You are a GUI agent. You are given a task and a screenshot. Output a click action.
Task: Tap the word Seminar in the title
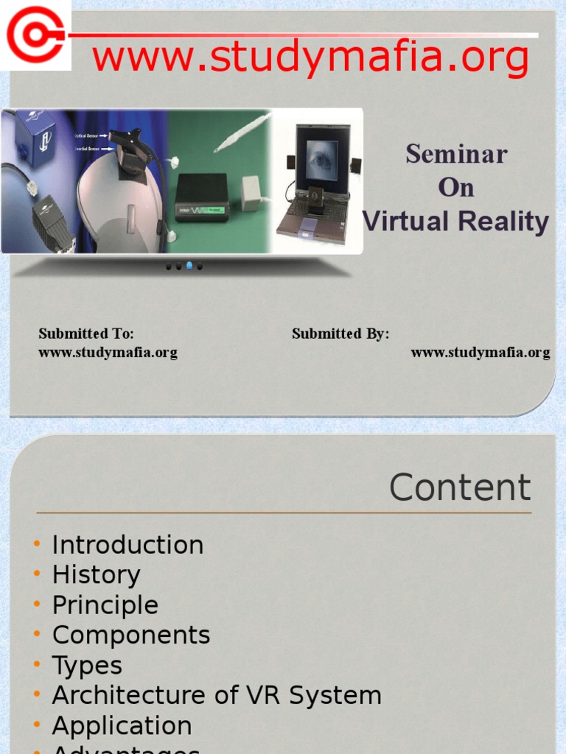(456, 155)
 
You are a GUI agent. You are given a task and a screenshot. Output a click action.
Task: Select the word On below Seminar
(456, 188)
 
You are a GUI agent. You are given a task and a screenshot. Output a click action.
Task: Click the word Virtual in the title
(409, 221)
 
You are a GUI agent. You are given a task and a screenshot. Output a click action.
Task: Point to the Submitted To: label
(86, 334)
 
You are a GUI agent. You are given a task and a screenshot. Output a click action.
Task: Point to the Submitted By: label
(340, 334)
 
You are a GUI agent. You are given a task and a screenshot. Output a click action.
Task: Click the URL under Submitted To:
(108, 352)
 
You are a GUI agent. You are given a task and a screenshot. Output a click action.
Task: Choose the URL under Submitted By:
(480, 352)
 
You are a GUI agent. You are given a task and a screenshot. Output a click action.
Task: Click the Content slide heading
(460, 487)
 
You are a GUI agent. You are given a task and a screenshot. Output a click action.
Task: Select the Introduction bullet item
(127, 545)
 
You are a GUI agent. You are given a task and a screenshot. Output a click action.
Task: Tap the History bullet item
(96, 575)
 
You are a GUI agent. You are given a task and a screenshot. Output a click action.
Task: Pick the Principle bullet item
(105, 605)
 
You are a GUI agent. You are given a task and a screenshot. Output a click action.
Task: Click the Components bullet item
(131, 635)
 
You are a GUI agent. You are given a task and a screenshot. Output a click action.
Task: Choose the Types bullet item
(87, 666)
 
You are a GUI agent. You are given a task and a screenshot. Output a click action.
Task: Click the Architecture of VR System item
(217, 695)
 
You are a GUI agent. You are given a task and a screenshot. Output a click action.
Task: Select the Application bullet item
(122, 725)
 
